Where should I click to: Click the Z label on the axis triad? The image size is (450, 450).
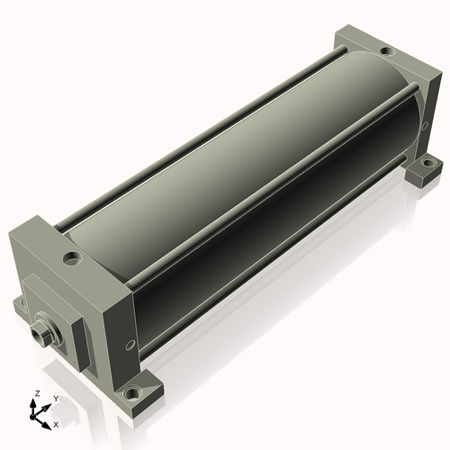(37, 393)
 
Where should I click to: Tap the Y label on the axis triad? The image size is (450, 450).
(56, 399)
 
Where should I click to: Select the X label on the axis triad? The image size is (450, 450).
(56, 425)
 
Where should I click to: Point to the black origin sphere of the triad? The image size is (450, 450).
(32, 417)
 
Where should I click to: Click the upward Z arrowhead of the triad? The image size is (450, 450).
(32, 403)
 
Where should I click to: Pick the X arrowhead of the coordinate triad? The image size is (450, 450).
(46, 426)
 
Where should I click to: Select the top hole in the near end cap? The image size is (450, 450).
(72, 258)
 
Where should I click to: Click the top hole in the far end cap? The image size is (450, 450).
(387, 51)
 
